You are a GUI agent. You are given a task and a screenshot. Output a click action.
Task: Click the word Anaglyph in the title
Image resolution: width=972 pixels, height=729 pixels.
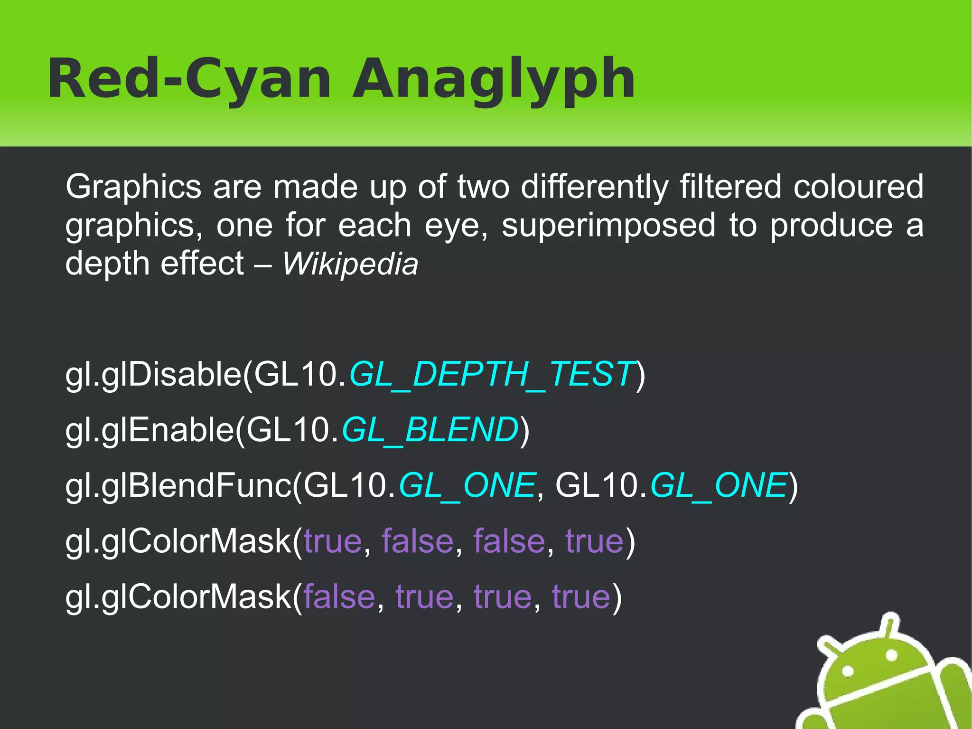click(494, 79)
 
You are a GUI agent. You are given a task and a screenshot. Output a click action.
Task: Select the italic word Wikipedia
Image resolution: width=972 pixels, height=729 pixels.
click(350, 264)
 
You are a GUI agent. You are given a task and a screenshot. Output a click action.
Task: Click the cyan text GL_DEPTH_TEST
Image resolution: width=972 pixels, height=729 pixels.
click(492, 374)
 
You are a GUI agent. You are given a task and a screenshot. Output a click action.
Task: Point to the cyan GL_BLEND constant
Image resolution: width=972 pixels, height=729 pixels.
click(430, 430)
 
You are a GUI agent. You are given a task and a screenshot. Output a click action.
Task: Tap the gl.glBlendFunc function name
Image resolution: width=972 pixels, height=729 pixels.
click(178, 485)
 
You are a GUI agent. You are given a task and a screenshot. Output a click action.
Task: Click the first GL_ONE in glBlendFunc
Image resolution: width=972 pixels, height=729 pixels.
click(467, 485)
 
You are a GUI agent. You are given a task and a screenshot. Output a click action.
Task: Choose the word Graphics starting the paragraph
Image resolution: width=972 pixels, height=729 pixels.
click(133, 187)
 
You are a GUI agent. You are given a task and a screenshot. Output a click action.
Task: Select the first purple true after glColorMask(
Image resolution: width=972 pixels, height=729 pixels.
click(333, 541)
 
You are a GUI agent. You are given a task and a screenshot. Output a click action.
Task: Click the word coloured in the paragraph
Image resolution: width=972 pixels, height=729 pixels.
click(858, 187)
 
